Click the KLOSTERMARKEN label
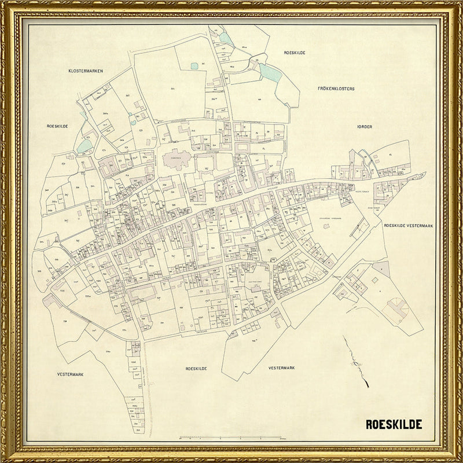pos(85,71)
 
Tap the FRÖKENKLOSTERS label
pos(336,89)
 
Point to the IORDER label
pos(365,126)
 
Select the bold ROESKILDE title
pos(394,424)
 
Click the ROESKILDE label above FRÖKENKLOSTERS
pos(295,53)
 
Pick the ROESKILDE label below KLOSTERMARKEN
pos(58,125)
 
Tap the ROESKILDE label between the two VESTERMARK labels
pos(196,368)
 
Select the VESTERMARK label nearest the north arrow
pos(282,368)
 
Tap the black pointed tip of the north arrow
pos(344,337)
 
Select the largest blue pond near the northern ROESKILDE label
pos(269,72)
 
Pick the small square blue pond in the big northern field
pos(194,66)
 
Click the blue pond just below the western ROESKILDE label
pos(84,146)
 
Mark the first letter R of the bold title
pos(369,424)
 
